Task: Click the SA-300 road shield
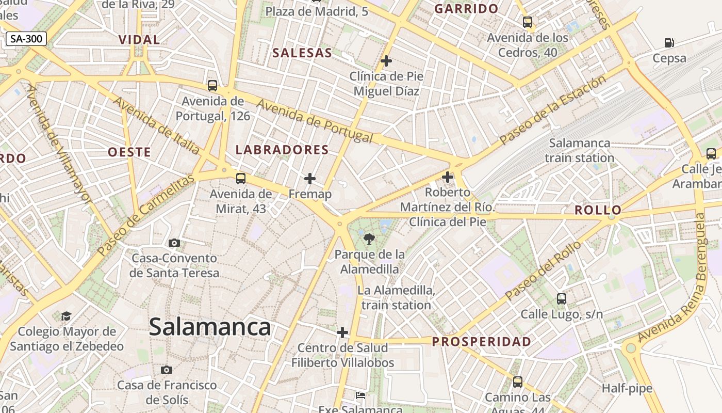pyautogui.click(x=27, y=38)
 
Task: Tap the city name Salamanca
pyautogui.click(x=210, y=327)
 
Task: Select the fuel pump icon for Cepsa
pyautogui.click(x=669, y=43)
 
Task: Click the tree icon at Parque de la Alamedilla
pyautogui.click(x=369, y=239)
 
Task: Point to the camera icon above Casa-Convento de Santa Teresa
pyautogui.click(x=174, y=243)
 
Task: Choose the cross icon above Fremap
pyautogui.click(x=310, y=179)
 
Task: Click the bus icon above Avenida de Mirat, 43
pyautogui.click(x=241, y=179)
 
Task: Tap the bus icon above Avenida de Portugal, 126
pyautogui.click(x=212, y=86)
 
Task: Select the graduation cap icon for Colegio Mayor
pyautogui.click(x=66, y=315)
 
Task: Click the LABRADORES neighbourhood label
pyautogui.click(x=282, y=150)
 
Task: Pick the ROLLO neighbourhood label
pyautogui.click(x=598, y=210)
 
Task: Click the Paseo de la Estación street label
pyautogui.click(x=553, y=110)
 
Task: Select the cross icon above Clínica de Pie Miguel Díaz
pyautogui.click(x=386, y=61)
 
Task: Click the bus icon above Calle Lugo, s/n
pyautogui.click(x=562, y=298)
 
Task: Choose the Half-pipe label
pyautogui.click(x=627, y=388)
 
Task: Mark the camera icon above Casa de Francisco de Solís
pyautogui.click(x=166, y=370)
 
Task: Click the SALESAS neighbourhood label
pyautogui.click(x=302, y=53)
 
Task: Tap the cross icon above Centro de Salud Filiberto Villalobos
pyautogui.click(x=342, y=332)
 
